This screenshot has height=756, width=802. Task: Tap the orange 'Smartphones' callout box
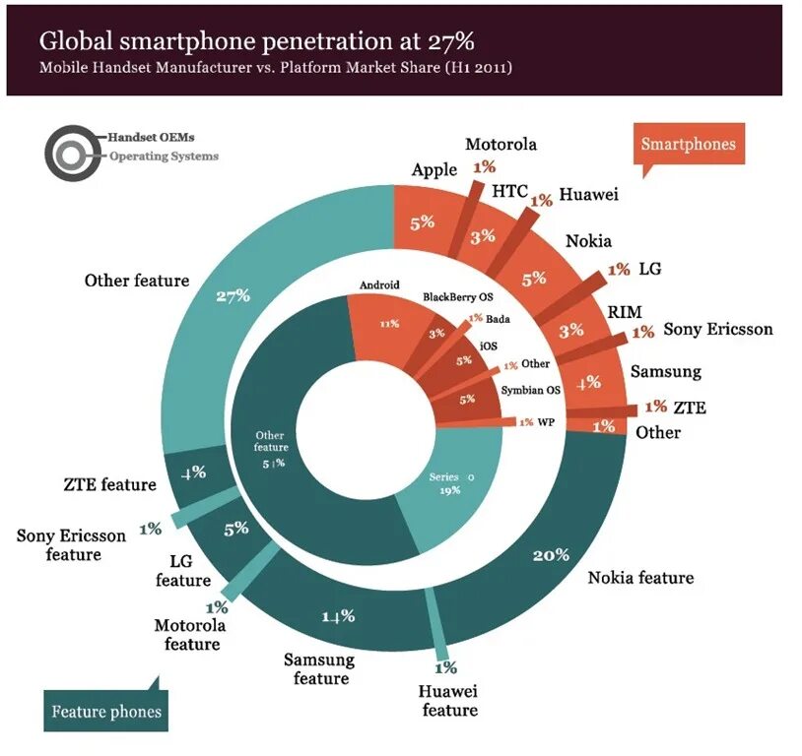pyautogui.click(x=688, y=144)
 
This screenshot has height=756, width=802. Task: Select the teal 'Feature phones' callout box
pyautogui.click(x=106, y=711)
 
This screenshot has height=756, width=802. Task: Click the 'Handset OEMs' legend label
pyautogui.click(x=151, y=138)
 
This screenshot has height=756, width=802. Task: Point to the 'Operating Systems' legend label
pyautogui.click(x=164, y=157)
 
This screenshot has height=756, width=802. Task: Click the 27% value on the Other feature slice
pyautogui.click(x=234, y=295)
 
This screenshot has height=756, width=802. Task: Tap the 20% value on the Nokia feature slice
pyautogui.click(x=551, y=555)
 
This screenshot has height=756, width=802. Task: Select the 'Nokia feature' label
pyautogui.click(x=640, y=578)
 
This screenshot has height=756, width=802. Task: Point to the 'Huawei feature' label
pyautogui.click(x=448, y=701)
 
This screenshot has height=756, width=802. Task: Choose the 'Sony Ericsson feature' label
pyautogui.click(x=72, y=545)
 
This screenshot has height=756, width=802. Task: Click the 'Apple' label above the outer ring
pyautogui.click(x=434, y=169)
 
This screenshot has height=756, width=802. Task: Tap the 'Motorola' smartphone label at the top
pyautogui.click(x=501, y=144)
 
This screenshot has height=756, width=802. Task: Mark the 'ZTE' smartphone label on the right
pyautogui.click(x=689, y=407)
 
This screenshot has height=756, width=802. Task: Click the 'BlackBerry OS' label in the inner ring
pyautogui.click(x=458, y=296)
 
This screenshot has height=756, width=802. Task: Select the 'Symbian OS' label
pyautogui.click(x=530, y=390)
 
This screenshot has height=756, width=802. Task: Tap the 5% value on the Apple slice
pyautogui.click(x=423, y=222)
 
